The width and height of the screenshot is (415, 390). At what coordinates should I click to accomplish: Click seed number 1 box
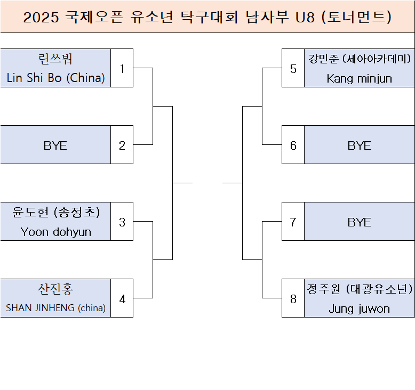click(122, 68)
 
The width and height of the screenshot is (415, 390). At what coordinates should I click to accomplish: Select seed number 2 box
click(122, 145)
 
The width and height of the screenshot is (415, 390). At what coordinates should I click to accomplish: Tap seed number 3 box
click(122, 222)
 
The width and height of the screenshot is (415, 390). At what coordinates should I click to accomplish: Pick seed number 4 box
click(122, 298)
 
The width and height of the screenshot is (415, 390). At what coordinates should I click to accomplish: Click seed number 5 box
click(293, 68)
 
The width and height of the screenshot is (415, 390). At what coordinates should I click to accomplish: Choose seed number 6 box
click(293, 145)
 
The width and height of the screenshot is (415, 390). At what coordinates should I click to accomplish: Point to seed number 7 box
click(293, 222)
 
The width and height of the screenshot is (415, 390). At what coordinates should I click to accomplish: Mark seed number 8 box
click(293, 298)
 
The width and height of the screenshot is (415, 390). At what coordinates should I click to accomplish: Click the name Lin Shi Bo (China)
click(55, 78)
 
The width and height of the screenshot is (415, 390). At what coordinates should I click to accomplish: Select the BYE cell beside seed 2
click(55, 145)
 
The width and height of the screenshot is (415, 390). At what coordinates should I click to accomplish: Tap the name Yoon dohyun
click(55, 232)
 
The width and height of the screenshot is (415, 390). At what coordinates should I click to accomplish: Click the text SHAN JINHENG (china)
click(55, 308)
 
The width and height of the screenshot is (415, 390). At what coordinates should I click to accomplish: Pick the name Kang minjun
click(359, 78)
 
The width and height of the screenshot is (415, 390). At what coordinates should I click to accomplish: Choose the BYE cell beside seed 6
click(359, 145)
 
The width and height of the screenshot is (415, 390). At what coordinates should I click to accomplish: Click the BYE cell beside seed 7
click(359, 222)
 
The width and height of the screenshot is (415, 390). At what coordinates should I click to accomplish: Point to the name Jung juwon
click(359, 308)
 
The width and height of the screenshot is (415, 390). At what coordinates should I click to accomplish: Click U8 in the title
click(305, 18)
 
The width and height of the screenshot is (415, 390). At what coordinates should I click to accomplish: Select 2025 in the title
click(41, 18)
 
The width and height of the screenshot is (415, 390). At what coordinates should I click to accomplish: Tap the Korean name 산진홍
click(55, 289)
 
